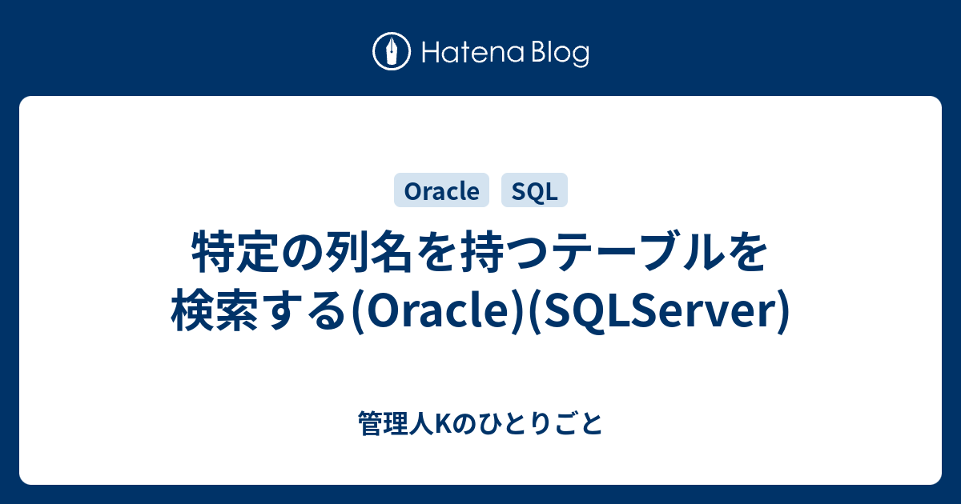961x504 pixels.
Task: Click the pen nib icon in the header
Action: [x=392, y=53]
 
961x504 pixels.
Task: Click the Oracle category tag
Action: [x=442, y=191]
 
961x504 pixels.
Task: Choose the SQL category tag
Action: [x=534, y=191]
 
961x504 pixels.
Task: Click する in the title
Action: [x=302, y=312]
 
